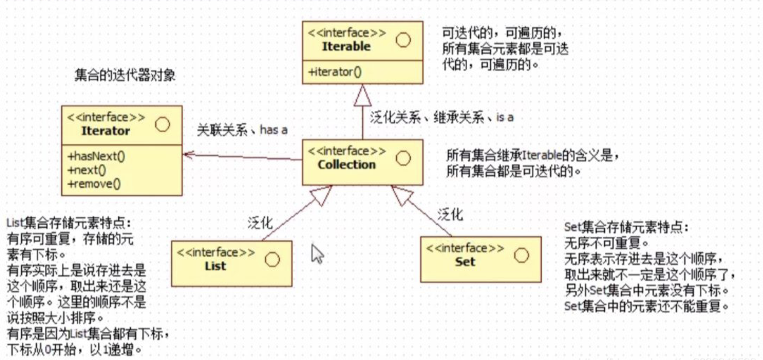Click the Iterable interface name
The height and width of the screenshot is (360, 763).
[346, 46]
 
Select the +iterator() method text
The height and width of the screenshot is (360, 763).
[335, 72]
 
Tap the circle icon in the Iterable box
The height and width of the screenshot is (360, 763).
[403, 40]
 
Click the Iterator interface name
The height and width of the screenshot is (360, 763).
[105, 131]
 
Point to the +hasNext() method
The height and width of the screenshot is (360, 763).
[96, 156]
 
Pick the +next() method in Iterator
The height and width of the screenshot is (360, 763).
[87, 170]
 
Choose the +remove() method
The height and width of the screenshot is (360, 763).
[94, 184]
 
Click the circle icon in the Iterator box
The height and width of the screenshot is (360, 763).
[162, 124]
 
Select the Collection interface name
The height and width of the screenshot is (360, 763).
[347, 165]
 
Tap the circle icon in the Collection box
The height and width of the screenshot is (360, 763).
[403, 158]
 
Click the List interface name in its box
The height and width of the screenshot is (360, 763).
[215, 266]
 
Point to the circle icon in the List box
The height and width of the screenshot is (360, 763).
[272, 259]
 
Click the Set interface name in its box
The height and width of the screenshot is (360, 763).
[465, 262]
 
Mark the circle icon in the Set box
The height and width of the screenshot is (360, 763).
[521, 255]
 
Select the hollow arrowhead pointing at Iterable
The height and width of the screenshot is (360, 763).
[362, 96]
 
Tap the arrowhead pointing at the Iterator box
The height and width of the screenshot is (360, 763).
[188, 155]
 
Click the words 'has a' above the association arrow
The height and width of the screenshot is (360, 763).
[273, 130]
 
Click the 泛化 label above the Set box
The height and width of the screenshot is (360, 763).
[450, 215]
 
